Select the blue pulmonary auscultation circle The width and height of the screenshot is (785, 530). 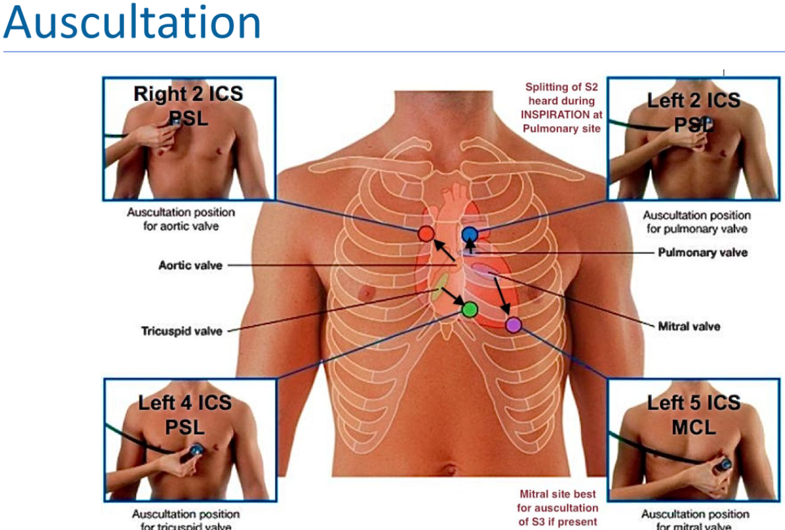click(469, 234)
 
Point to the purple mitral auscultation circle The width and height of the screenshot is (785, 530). click(513, 324)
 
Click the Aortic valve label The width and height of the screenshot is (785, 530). click(190, 265)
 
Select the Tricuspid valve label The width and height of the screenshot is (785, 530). click(182, 331)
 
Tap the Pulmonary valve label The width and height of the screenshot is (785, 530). click(702, 252)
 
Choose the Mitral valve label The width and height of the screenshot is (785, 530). click(689, 326)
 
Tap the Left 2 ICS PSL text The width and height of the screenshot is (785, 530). click(693, 112)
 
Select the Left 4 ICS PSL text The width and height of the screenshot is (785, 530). click(185, 414)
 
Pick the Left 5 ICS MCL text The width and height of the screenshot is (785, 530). click(693, 414)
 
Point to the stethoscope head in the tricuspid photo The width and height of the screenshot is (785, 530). click(196, 450)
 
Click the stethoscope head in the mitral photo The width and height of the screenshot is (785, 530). click(725, 464)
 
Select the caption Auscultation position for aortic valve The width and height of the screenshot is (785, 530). click(180, 219)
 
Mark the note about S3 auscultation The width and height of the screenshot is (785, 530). click(558, 508)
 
